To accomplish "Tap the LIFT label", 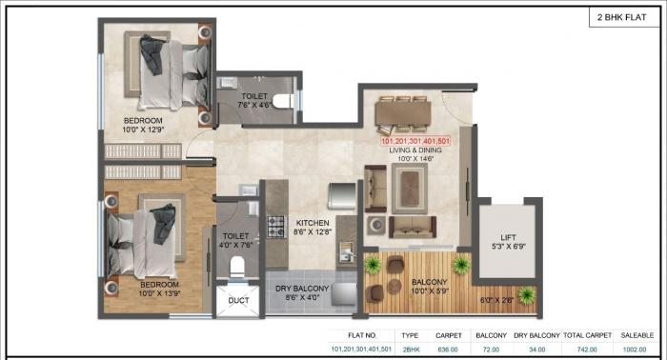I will coord(509,238).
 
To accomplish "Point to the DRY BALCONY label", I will coord(302,288).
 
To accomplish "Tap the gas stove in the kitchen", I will coord(275,228).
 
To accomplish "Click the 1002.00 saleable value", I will coord(635,349).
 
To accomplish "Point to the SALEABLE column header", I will coord(635,335).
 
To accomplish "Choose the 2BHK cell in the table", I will coord(410,349).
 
